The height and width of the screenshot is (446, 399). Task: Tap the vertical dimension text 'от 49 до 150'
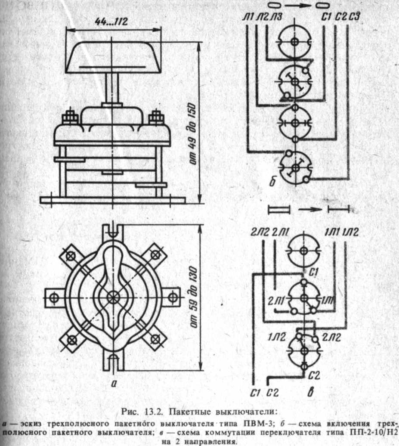(193, 134)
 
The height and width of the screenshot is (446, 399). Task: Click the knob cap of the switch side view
(113, 57)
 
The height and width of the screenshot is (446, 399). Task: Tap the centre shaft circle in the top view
(113, 297)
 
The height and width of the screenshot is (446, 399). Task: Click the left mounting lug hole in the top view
(54, 298)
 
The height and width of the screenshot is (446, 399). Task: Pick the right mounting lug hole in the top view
(172, 297)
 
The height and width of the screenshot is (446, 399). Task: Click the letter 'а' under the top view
(114, 384)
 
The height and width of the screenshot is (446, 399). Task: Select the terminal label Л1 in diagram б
(248, 17)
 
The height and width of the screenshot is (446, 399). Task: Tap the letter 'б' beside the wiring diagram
(272, 181)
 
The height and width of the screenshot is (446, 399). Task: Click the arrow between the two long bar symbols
(310, 209)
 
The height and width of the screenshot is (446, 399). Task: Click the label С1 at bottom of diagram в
(255, 393)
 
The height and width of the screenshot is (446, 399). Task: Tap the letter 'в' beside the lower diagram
(311, 392)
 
